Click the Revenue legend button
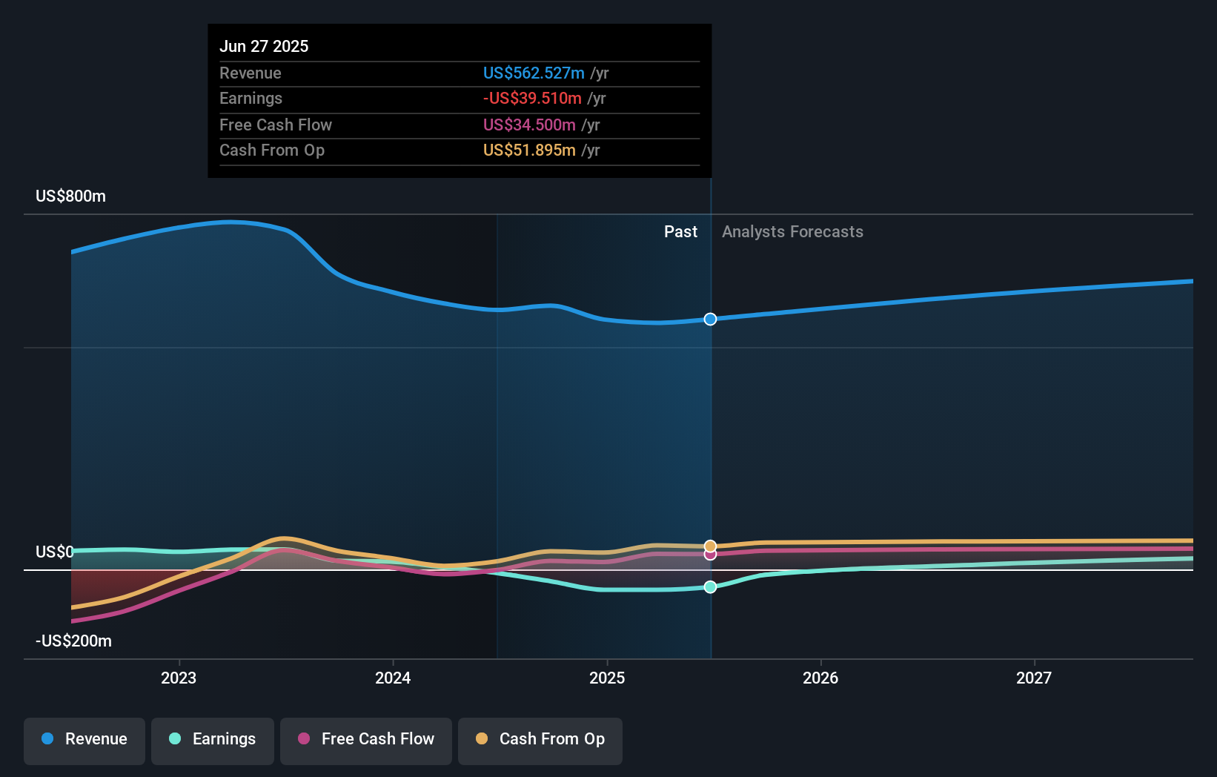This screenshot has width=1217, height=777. click(84, 740)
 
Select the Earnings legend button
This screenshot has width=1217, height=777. click(212, 740)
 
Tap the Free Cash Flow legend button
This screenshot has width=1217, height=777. click(365, 740)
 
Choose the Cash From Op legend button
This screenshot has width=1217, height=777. click(540, 740)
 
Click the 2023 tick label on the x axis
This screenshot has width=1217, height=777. click(179, 678)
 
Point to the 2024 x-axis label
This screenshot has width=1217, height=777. click(393, 678)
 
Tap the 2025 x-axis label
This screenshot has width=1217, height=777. click(607, 678)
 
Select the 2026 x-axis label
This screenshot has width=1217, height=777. click(820, 678)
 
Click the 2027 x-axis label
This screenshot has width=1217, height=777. click(1034, 678)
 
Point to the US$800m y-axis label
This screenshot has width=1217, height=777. click(71, 196)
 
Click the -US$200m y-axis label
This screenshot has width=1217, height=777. click(74, 641)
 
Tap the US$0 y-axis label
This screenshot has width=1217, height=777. click(55, 552)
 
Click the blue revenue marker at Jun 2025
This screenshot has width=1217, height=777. click(710, 320)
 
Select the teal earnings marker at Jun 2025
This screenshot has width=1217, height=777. click(710, 587)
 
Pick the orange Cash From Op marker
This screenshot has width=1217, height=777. click(710, 546)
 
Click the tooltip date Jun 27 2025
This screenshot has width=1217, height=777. click(264, 46)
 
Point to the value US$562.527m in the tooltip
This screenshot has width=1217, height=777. click(534, 73)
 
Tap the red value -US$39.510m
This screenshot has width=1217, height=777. click(532, 99)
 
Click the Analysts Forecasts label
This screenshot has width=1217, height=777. click(792, 232)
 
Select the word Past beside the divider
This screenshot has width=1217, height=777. click(680, 232)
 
